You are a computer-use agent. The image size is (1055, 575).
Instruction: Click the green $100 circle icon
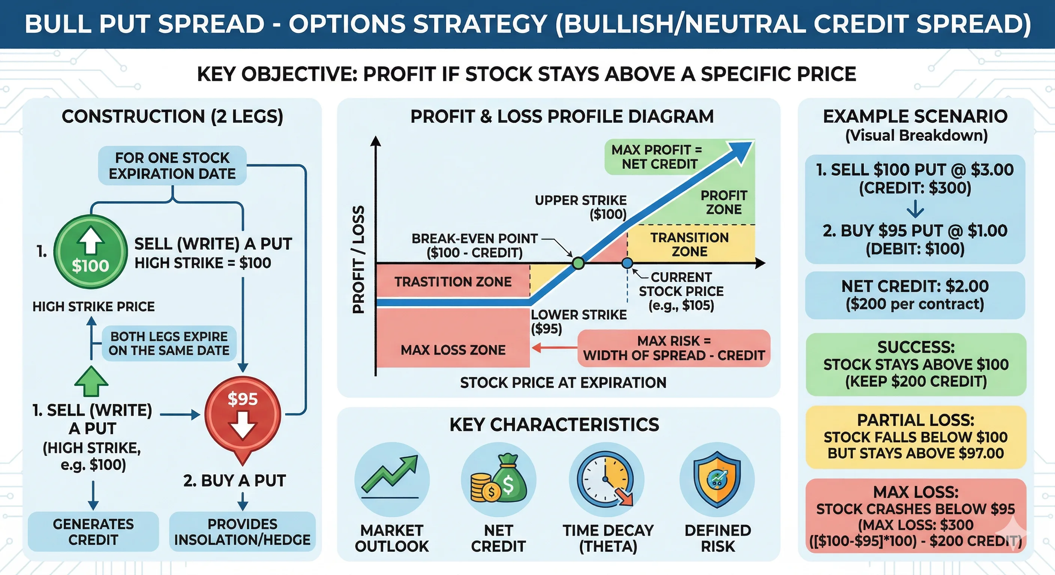click(91, 252)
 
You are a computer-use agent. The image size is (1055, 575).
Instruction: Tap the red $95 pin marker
click(242, 416)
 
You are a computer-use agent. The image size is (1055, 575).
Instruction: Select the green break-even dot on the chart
click(578, 263)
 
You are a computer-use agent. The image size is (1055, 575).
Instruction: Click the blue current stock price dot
click(627, 263)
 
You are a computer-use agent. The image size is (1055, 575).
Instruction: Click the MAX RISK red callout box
click(674, 348)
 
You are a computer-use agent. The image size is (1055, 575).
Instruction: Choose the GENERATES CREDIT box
click(93, 532)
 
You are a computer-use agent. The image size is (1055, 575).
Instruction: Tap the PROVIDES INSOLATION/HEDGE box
click(242, 532)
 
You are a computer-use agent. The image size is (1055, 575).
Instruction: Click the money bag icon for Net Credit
click(498, 479)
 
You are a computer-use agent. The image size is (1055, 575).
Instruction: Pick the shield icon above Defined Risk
click(717, 479)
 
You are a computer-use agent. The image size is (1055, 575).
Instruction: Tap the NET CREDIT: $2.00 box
click(915, 295)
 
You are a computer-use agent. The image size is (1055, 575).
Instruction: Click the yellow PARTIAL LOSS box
click(916, 436)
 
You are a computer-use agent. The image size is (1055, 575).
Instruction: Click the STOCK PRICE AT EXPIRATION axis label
click(563, 383)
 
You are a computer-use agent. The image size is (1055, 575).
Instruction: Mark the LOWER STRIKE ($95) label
click(578, 322)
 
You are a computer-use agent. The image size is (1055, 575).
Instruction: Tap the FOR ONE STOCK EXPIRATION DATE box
click(172, 166)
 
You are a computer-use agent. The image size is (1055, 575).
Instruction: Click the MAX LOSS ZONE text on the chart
click(453, 350)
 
